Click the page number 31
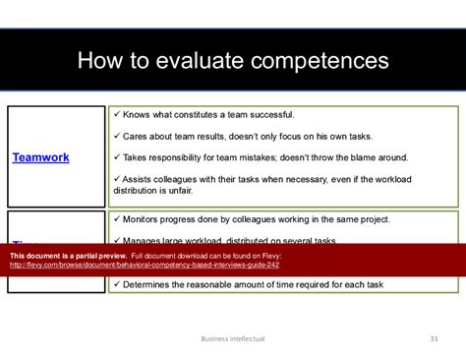434,338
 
